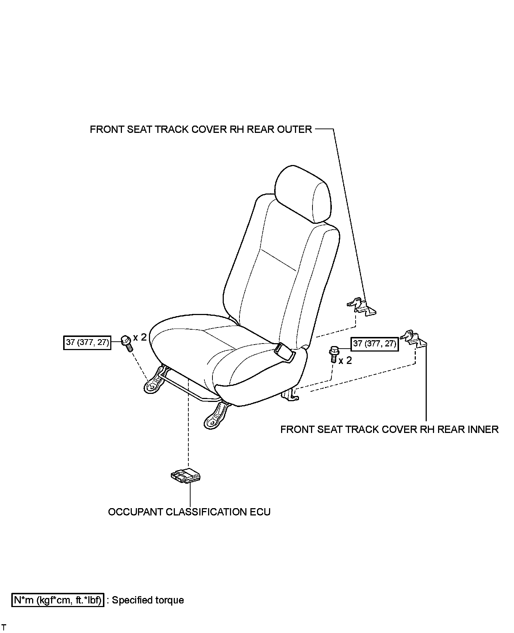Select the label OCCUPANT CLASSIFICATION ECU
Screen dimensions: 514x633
pyautogui.click(x=189, y=512)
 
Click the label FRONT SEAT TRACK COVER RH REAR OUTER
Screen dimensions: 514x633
pyautogui.click(x=201, y=129)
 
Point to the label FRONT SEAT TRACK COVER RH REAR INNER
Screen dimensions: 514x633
pyautogui.click(x=389, y=429)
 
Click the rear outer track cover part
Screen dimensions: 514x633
pyautogui.click(x=362, y=306)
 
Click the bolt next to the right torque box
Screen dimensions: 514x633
pyautogui.click(x=333, y=353)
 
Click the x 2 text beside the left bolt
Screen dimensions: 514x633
pyautogui.click(x=139, y=337)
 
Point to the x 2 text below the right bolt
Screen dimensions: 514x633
pyautogui.click(x=345, y=361)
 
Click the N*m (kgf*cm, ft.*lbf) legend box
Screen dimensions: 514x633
pyautogui.click(x=58, y=600)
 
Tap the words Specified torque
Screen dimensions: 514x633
pyautogui.click(x=148, y=600)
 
